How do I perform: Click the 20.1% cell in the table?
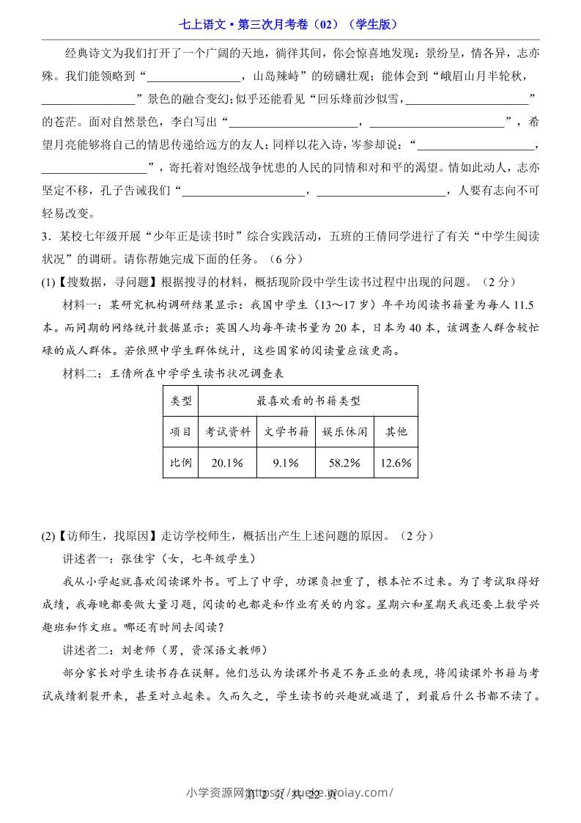pyautogui.click(x=227, y=463)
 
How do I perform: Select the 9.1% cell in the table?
pyautogui.click(x=286, y=463)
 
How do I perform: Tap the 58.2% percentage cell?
pyautogui.click(x=344, y=463)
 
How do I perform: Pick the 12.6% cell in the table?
pyautogui.click(x=396, y=463)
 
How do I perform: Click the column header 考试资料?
pyautogui.click(x=227, y=431)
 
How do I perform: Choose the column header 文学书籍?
pyautogui.click(x=286, y=431)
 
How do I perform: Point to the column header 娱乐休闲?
pyautogui.click(x=344, y=431)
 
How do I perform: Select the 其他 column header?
pyautogui.click(x=396, y=431)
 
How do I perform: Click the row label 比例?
pyautogui.click(x=180, y=463)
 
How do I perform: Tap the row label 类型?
pyautogui.click(x=180, y=400)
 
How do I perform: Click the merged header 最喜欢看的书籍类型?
pyautogui.click(x=308, y=400)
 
